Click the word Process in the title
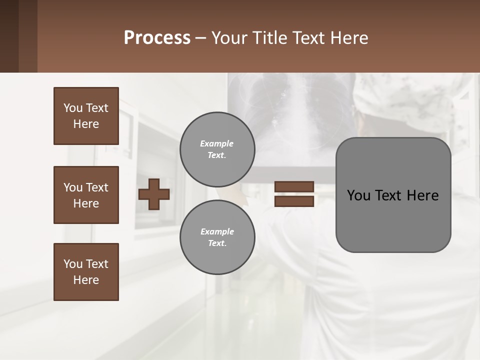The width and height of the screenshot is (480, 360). click(x=157, y=37)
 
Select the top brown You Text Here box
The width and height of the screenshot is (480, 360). click(x=86, y=116)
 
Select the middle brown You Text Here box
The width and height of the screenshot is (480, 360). click(x=86, y=195)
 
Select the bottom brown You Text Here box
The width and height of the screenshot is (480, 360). click(x=86, y=272)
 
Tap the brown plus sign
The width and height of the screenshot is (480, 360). click(x=154, y=194)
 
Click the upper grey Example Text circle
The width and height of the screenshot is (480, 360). click(x=217, y=149)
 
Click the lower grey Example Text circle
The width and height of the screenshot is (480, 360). click(x=217, y=237)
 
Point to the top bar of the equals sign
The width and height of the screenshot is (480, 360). click(x=294, y=187)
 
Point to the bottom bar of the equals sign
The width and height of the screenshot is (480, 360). click(x=294, y=201)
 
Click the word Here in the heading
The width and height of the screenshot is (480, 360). click(x=347, y=37)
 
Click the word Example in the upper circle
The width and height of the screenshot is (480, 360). click(x=216, y=143)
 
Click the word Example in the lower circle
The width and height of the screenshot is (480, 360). click(x=216, y=231)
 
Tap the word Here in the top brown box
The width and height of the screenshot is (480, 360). click(x=86, y=124)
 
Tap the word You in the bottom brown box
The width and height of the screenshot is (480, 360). click(x=73, y=264)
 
